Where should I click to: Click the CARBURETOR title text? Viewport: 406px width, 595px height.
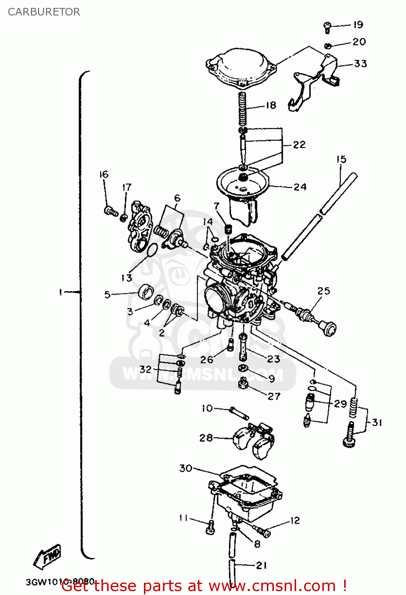(44, 12)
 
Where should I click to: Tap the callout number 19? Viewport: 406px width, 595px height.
(358, 25)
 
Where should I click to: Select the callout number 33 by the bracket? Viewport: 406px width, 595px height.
(360, 63)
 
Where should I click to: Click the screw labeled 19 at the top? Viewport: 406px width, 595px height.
(327, 27)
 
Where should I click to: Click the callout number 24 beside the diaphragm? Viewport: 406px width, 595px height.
(300, 187)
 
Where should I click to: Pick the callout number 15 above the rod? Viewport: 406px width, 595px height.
(341, 159)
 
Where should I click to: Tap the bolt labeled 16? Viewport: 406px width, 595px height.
(111, 211)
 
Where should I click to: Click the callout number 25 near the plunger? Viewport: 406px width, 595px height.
(324, 291)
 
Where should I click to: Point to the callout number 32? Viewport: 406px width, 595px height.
(146, 369)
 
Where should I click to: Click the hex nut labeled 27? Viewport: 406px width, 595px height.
(243, 384)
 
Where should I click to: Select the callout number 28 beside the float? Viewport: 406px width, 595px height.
(206, 438)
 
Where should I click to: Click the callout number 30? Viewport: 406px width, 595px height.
(186, 468)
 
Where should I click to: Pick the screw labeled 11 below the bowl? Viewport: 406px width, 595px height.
(210, 528)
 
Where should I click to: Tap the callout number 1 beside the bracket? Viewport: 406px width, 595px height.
(60, 292)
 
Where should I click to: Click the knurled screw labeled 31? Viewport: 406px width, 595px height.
(350, 436)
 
